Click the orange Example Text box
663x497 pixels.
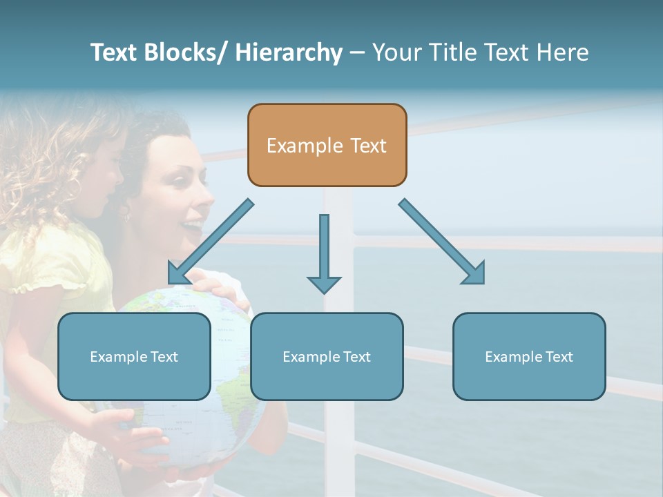click(x=327, y=145)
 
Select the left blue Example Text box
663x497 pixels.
click(x=134, y=356)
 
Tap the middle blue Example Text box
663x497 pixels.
click(x=327, y=356)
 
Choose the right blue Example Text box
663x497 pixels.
click(x=529, y=356)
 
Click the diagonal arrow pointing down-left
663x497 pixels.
click(x=210, y=242)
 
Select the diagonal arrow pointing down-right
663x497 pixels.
click(x=442, y=242)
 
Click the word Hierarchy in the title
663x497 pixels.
click(x=289, y=52)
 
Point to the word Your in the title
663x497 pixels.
click(x=394, y=52)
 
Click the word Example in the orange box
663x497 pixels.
click(x=295, y=146)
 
